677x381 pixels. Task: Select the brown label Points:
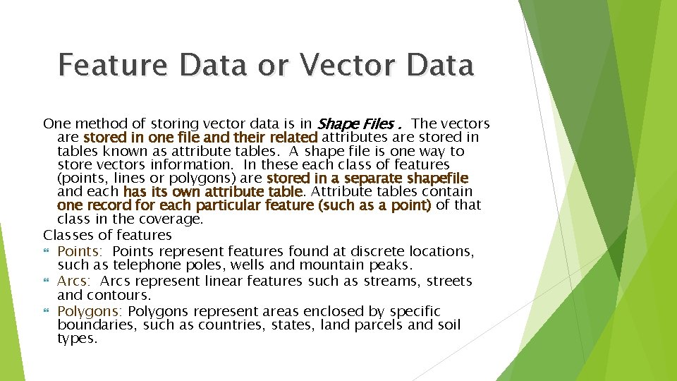(x=80, y=251)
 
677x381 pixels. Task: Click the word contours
(x=127, y=295)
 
